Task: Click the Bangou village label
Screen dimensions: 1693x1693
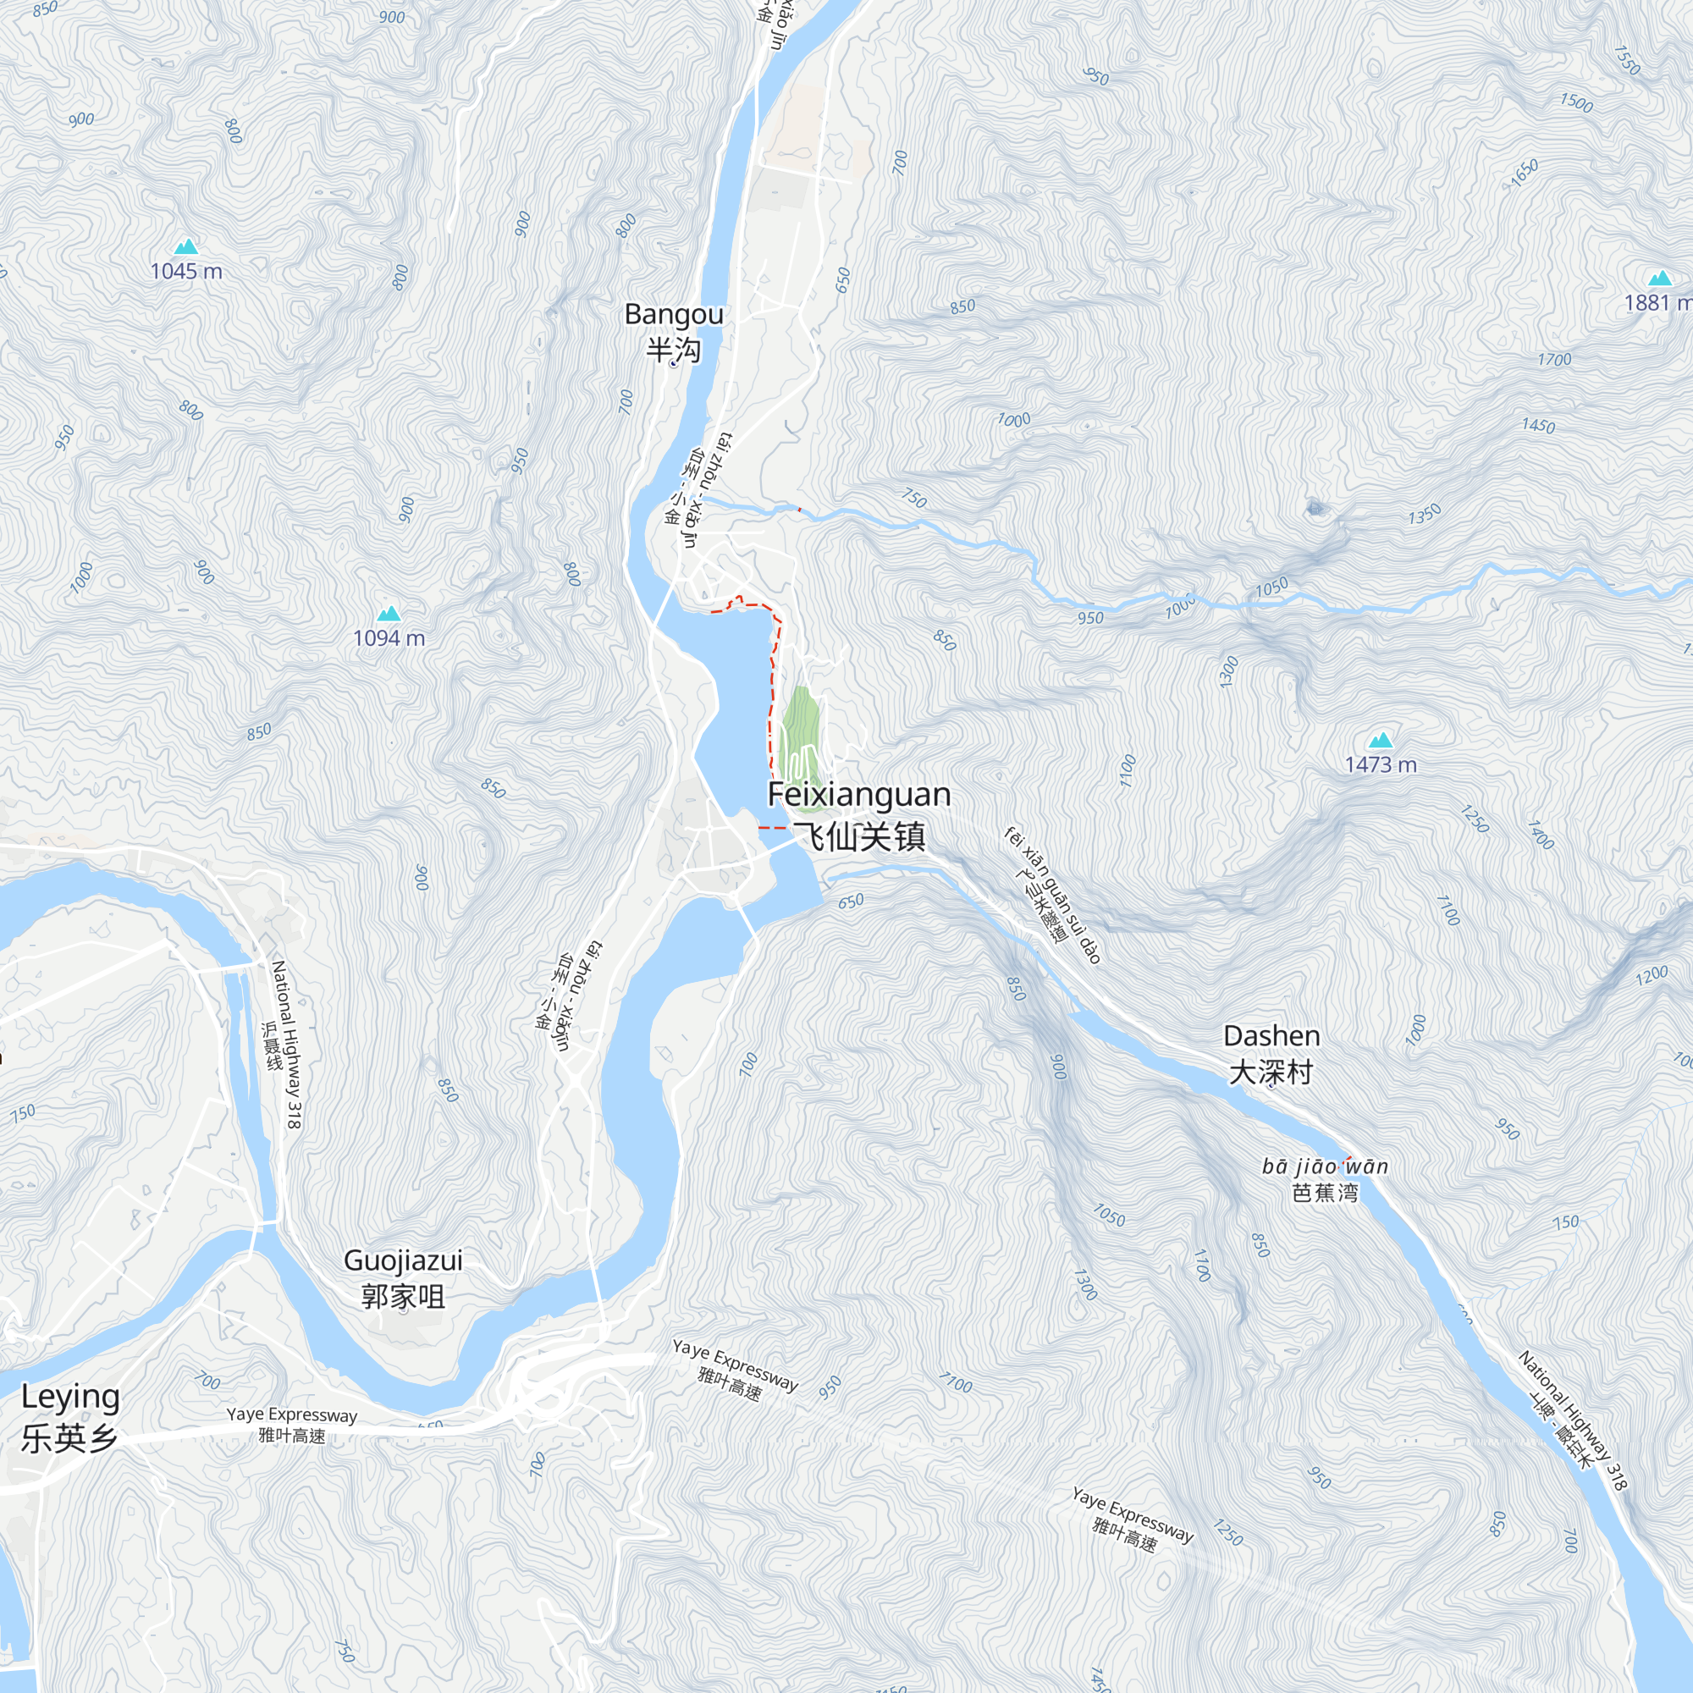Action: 673,331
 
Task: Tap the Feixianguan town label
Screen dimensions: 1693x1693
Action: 858,814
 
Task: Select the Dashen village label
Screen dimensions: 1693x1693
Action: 1271,1053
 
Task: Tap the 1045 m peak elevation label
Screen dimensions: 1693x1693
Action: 185,271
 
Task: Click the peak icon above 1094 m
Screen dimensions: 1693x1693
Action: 389,614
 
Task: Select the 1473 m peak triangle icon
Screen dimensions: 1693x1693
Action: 1380,740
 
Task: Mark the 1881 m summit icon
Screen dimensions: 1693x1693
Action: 1660,278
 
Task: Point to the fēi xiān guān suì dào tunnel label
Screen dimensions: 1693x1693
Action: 1051,894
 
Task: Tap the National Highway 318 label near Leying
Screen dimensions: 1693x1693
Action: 285,1044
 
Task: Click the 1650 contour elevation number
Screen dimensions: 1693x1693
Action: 1524,173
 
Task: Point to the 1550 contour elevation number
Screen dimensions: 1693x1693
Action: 1626,60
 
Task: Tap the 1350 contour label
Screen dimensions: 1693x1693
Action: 1424,514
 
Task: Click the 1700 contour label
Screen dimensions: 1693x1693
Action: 1553,359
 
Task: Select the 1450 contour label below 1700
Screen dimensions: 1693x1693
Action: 1538,426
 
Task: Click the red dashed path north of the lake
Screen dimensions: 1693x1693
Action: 745,604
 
